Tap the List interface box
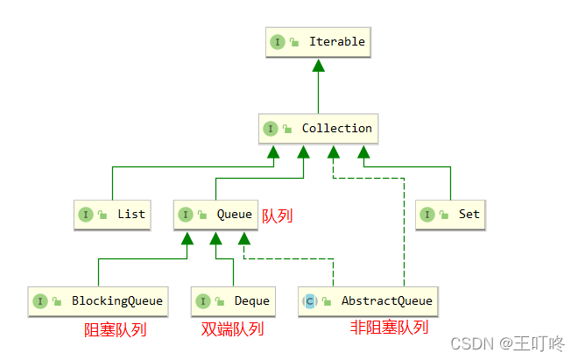point(112,214)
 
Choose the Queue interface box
point(215,214)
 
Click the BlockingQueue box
point(99,300)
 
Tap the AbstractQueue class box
point(368,300)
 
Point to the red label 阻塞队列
point(115,330)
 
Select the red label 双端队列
point(232,330)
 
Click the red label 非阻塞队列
point(390,328)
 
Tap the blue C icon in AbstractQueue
point(309,301)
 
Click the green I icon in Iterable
point(278,42)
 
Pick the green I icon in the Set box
point(428,215)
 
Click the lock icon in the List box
point(102,215)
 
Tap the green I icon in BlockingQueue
point(40,301)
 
